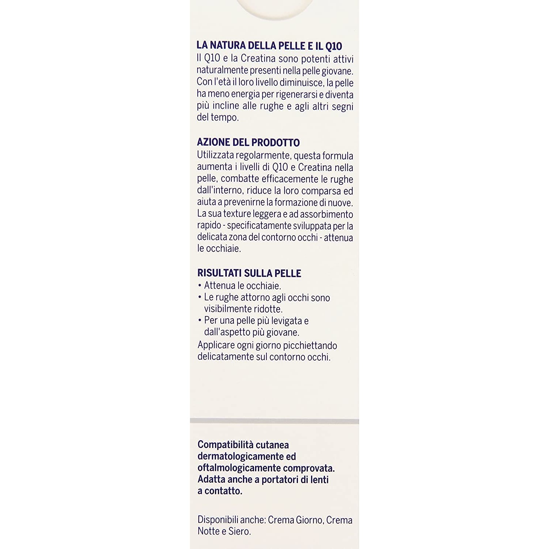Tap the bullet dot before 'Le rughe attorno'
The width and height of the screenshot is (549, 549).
click(x=200, y=298)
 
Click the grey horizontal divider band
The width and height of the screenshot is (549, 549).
click(x=274, y=421)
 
